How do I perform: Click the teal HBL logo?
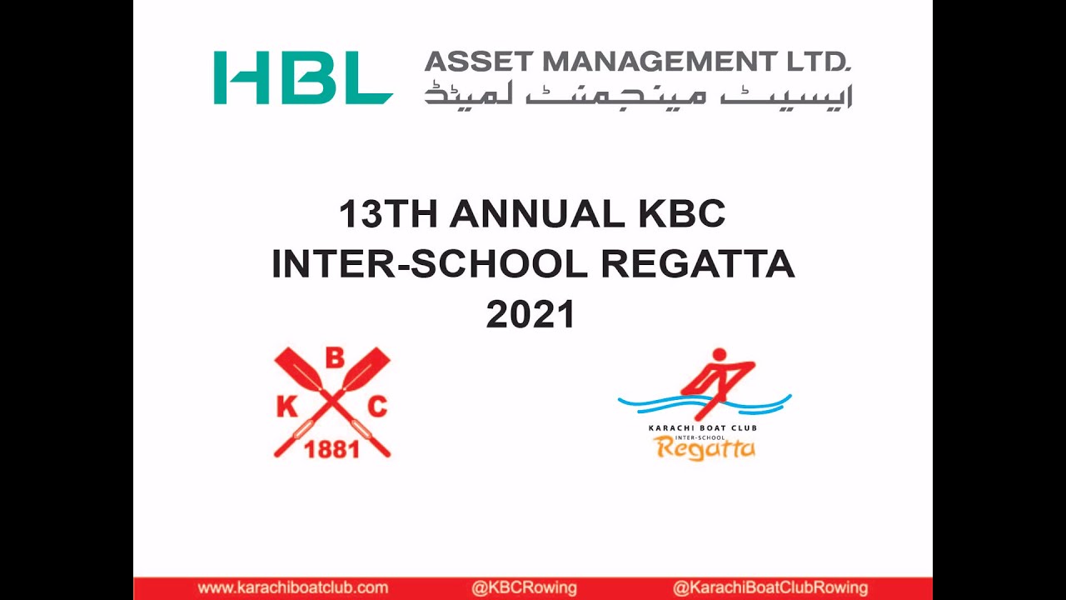pyautogui.click(x=303, y=78)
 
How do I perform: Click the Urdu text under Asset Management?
pyautogui.click(x=638, y=93)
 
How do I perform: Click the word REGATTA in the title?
pyautogui.click(x=698, y=265)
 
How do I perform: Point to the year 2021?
pyautogui.click(x=531, y=315)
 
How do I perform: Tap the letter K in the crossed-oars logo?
pyautogui.click(x=286, y=407)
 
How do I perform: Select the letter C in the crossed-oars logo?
pyautogui.click(x=378, y=407)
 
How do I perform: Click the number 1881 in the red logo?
pyautogui.click(x=332, y=450)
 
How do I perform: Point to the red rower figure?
pyautogui.click(x=716, y=379)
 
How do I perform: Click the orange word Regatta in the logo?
pyautogui.click(x=705, y=449)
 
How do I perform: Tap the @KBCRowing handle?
pyautogui.click(x=524, y=588)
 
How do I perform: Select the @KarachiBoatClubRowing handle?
pyautogui.click(x=770, y=588)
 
